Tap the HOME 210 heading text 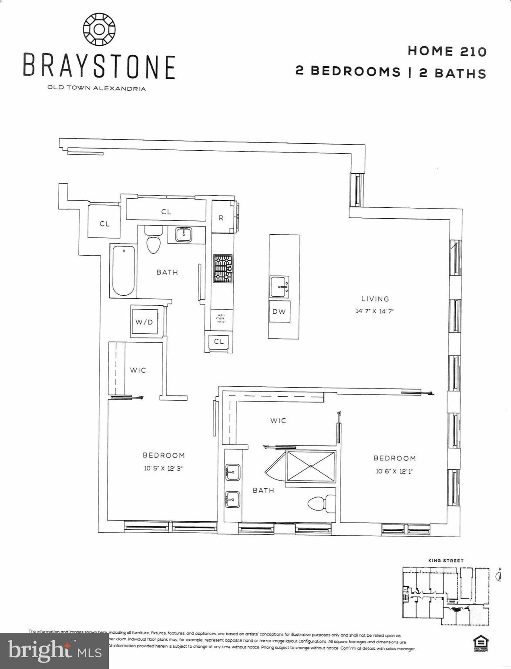447,51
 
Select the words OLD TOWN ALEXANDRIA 97,88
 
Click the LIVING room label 375,299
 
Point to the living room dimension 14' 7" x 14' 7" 375,311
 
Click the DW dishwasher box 279,311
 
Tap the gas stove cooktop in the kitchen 223,268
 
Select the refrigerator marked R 222,218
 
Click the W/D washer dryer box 144,322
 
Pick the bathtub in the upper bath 123,271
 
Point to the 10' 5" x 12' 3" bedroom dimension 164,469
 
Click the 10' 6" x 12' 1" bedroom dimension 394,471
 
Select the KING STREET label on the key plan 446,561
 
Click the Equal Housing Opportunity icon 481,643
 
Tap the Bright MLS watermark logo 54,651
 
